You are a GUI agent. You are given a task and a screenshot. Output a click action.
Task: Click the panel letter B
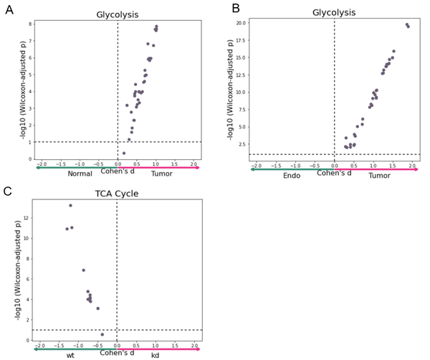pos(235,9)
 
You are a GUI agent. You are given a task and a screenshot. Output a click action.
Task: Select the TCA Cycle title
pos(117,194)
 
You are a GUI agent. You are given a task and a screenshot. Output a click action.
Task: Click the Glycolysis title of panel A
pos(118,14)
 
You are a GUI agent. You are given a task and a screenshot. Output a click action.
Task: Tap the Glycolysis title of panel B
pos(333,12)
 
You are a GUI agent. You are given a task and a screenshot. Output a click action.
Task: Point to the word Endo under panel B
pos(292,176)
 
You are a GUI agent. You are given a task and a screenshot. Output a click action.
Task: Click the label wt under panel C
pos(70,355)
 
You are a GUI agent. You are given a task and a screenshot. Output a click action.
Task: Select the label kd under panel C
pos(156,355)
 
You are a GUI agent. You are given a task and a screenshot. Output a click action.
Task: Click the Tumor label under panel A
pos(161,174)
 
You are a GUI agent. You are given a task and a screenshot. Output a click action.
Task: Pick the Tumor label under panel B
pos(379,176)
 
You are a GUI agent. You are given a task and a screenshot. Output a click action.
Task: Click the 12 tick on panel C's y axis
pos(27,217)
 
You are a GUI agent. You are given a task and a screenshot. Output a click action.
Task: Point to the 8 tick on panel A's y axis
pos(29,24)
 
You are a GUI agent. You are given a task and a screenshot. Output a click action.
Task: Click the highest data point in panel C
pos(70,206)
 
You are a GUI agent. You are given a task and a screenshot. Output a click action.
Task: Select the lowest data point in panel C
pos(102,334)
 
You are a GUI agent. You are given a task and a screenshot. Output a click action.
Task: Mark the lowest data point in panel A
pos(123,153)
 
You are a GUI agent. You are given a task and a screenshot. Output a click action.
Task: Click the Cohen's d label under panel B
pos(334,172)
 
